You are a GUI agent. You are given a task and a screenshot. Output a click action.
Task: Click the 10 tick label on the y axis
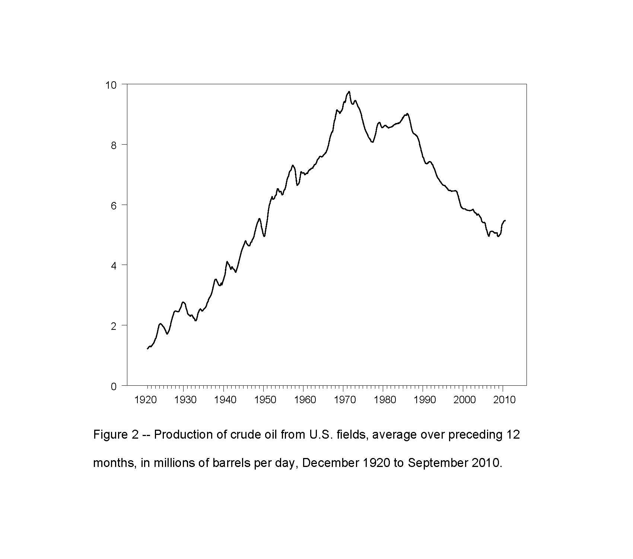point(111,85)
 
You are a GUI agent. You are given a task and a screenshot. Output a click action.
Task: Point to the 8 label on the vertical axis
point(114,145)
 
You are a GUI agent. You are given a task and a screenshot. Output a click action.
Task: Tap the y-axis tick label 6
point(114,206)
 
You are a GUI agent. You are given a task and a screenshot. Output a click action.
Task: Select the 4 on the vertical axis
point(114,266)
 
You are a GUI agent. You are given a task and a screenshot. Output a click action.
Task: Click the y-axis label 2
point(114,326)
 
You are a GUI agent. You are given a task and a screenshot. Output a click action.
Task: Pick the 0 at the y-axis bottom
point(114,386)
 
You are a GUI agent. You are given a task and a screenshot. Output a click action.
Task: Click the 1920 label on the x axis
point(145,400)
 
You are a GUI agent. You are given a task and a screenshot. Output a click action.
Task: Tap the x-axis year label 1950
point(265,400)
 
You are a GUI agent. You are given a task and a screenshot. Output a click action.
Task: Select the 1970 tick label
point(345,400)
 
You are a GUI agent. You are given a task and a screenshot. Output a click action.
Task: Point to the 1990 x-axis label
point(424,400)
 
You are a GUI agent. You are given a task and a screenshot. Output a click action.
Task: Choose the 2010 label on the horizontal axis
point(504,400)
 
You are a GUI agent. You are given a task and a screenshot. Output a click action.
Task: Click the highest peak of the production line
point(349,91)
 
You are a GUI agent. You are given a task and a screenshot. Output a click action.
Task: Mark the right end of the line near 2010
point(505,221)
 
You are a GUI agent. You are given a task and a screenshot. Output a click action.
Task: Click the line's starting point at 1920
point(147,349)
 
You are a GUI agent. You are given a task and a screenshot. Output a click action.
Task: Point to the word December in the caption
point(330,463)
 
